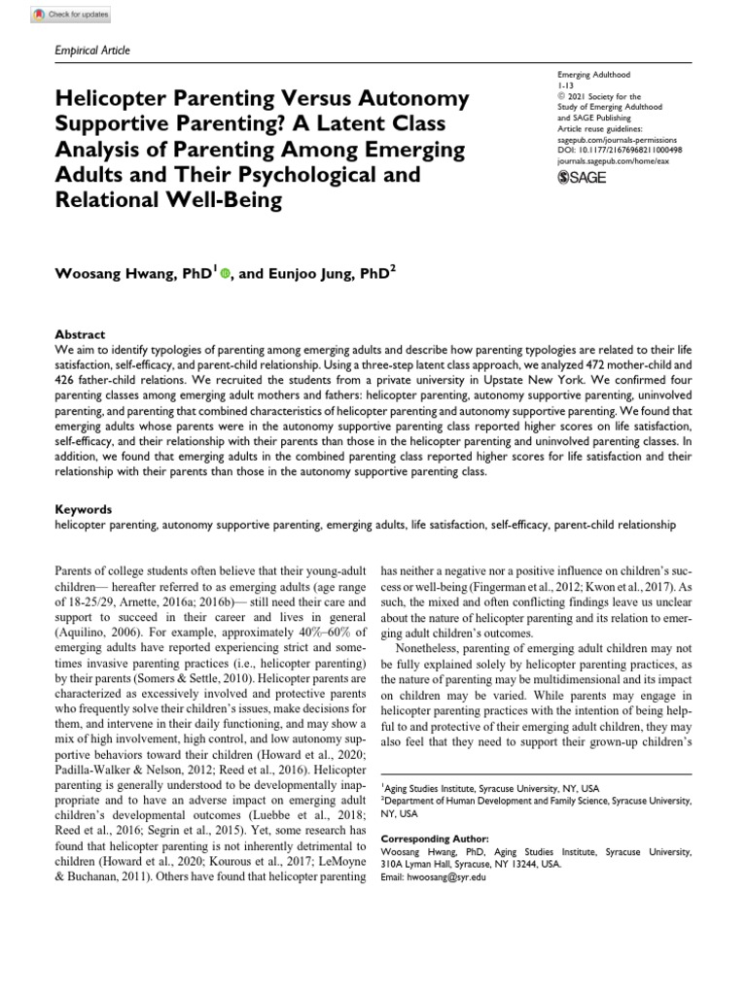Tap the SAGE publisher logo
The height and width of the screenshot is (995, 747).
(x=580, y=179)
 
